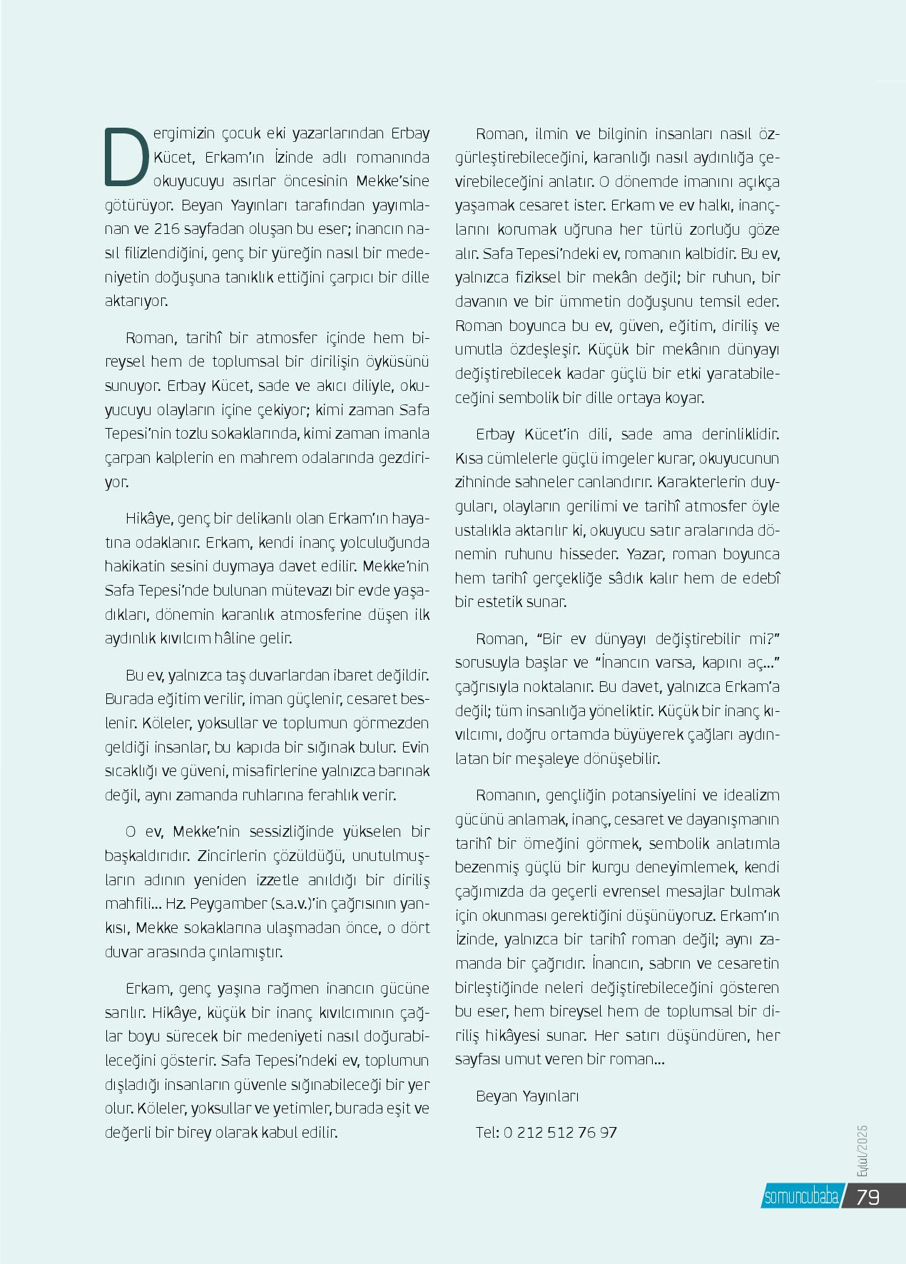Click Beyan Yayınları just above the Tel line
coord(527,1096)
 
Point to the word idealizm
coord(753,795)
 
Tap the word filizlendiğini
coord(163,253)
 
